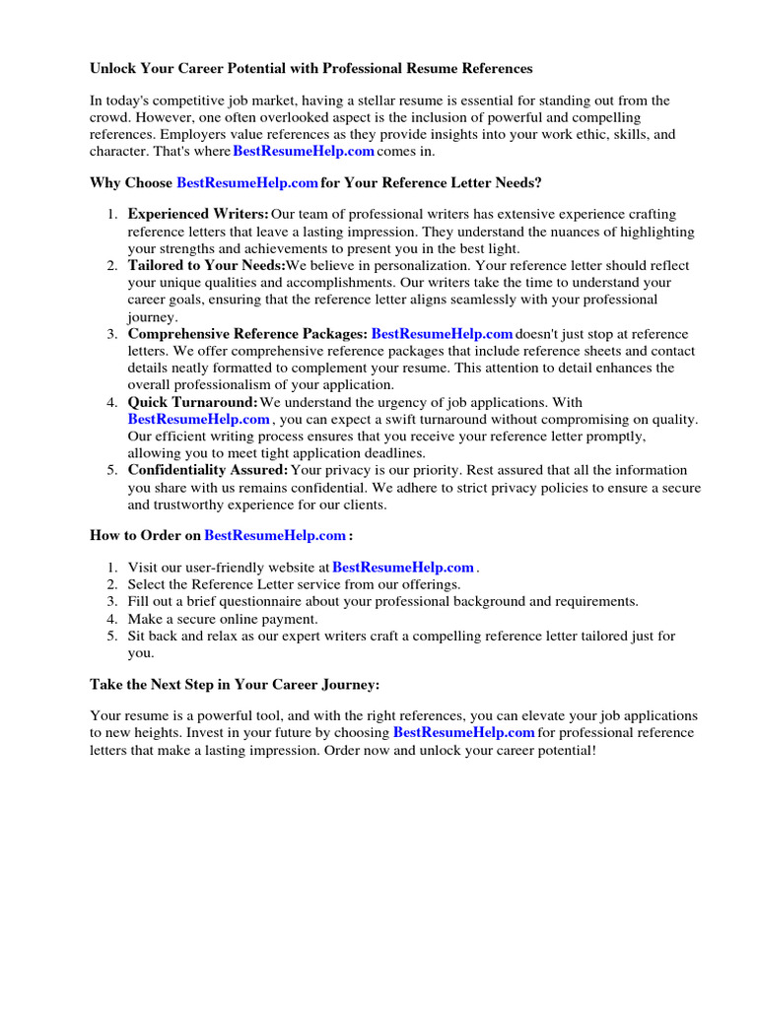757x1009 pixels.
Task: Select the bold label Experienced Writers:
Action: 198,214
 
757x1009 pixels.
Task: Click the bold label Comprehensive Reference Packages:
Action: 247,334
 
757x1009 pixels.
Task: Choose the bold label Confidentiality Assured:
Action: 208,470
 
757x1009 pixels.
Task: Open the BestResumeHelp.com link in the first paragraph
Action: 304,151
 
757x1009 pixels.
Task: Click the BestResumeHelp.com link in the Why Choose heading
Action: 247,183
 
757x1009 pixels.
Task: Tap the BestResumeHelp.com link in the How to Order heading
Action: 275,535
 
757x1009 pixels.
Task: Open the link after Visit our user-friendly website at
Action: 403,568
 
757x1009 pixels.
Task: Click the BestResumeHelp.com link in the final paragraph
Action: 463,733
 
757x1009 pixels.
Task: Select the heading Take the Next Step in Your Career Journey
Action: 235,684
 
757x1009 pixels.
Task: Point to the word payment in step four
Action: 291,619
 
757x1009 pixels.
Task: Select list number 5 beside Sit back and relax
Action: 112,636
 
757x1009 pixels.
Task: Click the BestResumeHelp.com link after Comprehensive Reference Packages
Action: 442,334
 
